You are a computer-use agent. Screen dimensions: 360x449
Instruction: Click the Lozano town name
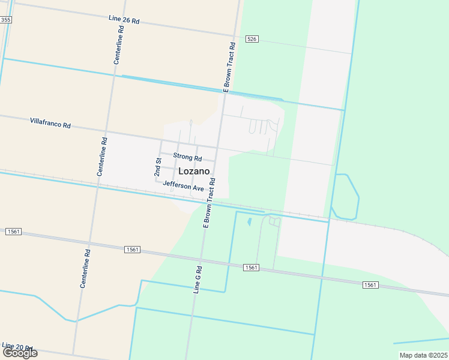[x=194, y=171]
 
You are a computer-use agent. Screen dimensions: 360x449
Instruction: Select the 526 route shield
[x=252, y=39]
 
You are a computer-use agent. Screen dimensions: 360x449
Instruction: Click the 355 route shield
[x=5, y=20]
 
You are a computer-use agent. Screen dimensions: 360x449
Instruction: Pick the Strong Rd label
[x=187, y=157]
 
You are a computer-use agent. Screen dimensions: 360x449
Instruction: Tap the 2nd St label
[x=159, y=162]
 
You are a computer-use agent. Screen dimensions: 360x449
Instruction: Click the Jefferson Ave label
[x=184, y=187]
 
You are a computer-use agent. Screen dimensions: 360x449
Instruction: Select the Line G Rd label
[x=197, y=280]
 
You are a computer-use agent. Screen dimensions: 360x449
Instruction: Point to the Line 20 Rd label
[x=16, y=347]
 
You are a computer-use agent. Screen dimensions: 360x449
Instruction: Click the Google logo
[x=20, y=353]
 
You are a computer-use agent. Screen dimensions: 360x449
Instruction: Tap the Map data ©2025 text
[x=423, y=355]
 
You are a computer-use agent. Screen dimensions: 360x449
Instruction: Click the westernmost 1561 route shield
[x=13, y=231]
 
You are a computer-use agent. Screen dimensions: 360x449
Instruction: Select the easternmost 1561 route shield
[x=370, y=285]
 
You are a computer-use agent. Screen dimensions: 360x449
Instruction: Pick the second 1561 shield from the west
[x=133, y=249]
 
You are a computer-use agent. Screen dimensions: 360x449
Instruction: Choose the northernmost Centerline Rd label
[x=118, y=45]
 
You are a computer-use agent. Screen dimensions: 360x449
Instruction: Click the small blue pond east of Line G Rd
[x=249, y=222]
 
